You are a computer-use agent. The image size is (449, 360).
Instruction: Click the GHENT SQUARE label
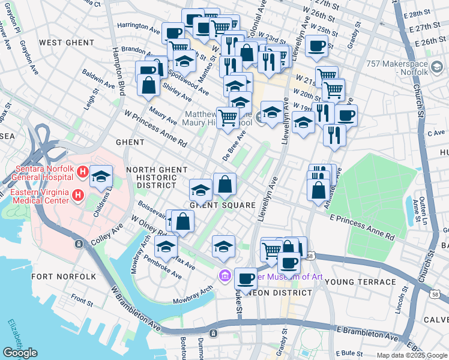pyautogui.click(x=215, y=205)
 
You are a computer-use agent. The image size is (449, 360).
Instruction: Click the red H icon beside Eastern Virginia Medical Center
pyautogui.click(x=77, y=195)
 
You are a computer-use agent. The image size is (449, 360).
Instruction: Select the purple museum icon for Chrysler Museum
pyautogui.click(x=224, y=275)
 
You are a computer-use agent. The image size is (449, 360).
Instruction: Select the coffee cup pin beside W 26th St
pyautogui.click(x=316, y=46)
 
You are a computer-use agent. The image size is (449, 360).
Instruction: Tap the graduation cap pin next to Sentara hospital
pyautogui.click(x=101, y=176)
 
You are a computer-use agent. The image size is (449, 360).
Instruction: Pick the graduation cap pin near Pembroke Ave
pyautogui.click(x=166, y=246)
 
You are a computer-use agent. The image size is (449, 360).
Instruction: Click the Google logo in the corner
pyautogui.click(x=20, y=353)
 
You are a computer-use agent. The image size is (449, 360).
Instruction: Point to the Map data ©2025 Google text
pyautogui.click(x=412, y=355)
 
